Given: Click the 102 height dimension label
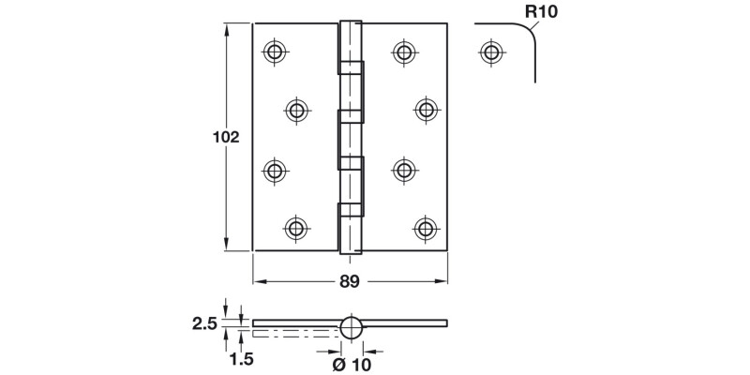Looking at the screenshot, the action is [226, 137].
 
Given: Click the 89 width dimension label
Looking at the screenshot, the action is [350, 282].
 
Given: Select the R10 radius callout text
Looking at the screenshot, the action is [542, 11].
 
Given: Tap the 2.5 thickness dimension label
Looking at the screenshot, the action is [204, 323].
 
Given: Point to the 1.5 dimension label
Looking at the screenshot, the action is [242, 359].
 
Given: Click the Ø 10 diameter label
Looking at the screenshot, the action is [352, 365].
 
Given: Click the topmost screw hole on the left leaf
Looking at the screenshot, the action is [275, 52].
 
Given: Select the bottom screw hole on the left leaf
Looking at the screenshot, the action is [296, 229].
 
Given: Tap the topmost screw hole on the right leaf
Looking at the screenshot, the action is [404, 52].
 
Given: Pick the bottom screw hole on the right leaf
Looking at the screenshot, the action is [426, 229].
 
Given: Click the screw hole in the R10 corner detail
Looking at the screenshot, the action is [491, 52].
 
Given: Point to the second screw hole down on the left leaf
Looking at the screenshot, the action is [297, 111].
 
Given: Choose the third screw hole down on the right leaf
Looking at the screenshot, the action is [404, 170].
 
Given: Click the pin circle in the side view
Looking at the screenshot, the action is [352, 327].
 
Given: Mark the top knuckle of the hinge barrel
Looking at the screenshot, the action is [350, 41].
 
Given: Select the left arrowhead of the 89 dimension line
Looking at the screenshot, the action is [260, 282].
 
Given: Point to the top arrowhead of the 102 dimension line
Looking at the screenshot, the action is [228, 30].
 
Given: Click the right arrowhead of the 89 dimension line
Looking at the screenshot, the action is [441, 282].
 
